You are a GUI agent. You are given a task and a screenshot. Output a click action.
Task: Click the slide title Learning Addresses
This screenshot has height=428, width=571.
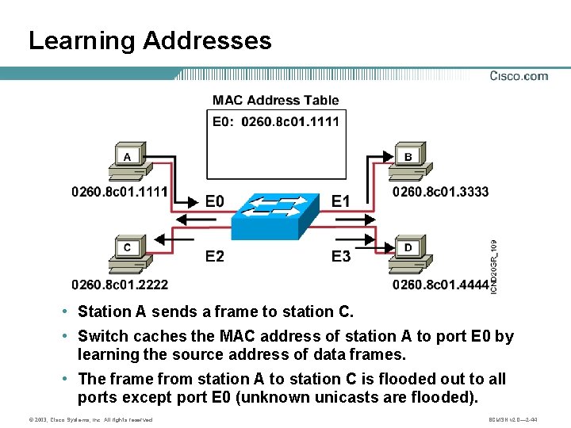[150, 40]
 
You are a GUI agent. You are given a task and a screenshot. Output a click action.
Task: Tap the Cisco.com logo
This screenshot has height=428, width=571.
[519, 76]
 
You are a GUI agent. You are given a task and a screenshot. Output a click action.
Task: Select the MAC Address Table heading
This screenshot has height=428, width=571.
[275, 100]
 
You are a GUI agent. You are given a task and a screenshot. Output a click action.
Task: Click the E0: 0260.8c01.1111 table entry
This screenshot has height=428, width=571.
[275, 121]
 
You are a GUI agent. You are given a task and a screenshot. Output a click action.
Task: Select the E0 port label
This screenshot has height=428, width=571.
[214, 201]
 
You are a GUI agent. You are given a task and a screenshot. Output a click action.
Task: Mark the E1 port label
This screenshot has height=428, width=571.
[340, 201]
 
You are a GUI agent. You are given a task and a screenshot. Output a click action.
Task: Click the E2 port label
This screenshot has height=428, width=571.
[214, 256]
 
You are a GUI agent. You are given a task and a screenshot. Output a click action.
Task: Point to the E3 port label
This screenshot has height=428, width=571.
[340, 256]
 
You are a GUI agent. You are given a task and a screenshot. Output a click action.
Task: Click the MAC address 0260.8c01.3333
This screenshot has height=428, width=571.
[441, 192]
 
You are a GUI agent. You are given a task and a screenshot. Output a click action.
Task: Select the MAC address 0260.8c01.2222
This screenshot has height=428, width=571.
[120, 285]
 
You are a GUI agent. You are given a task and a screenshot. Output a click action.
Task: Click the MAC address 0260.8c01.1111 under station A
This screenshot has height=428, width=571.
[120, 192]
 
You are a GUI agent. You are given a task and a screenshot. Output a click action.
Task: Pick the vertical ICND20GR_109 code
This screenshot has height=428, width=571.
[493, 267]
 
